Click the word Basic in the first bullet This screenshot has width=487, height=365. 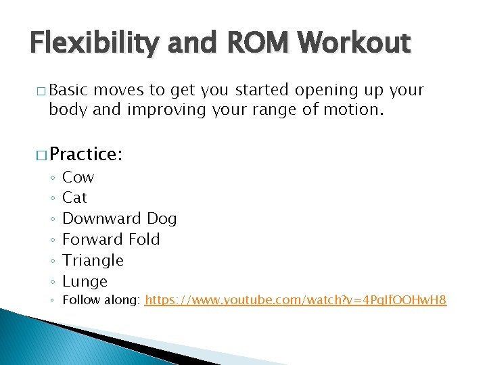pyautogui.click(x=70, y=90)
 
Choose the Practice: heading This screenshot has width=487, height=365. pyautogui.click(x=85, y=153)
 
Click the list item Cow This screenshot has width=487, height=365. pyautogui.click(x=78, y=177)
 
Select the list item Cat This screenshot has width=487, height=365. pyautogui.click(x=74, y=197)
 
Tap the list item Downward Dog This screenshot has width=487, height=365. pyautogui.click(x=119, y=218)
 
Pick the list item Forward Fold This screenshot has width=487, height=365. pyautogui.click(x=111, y=239)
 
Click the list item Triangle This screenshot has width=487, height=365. pyautogui.click(x=93, y=260)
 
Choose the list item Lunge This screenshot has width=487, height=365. pyautogui.click(x=85, y=281)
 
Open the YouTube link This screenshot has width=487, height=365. pyautogui.click(x=296, y=299)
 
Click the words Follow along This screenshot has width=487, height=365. pyautogui.click(x=101, y=299)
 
